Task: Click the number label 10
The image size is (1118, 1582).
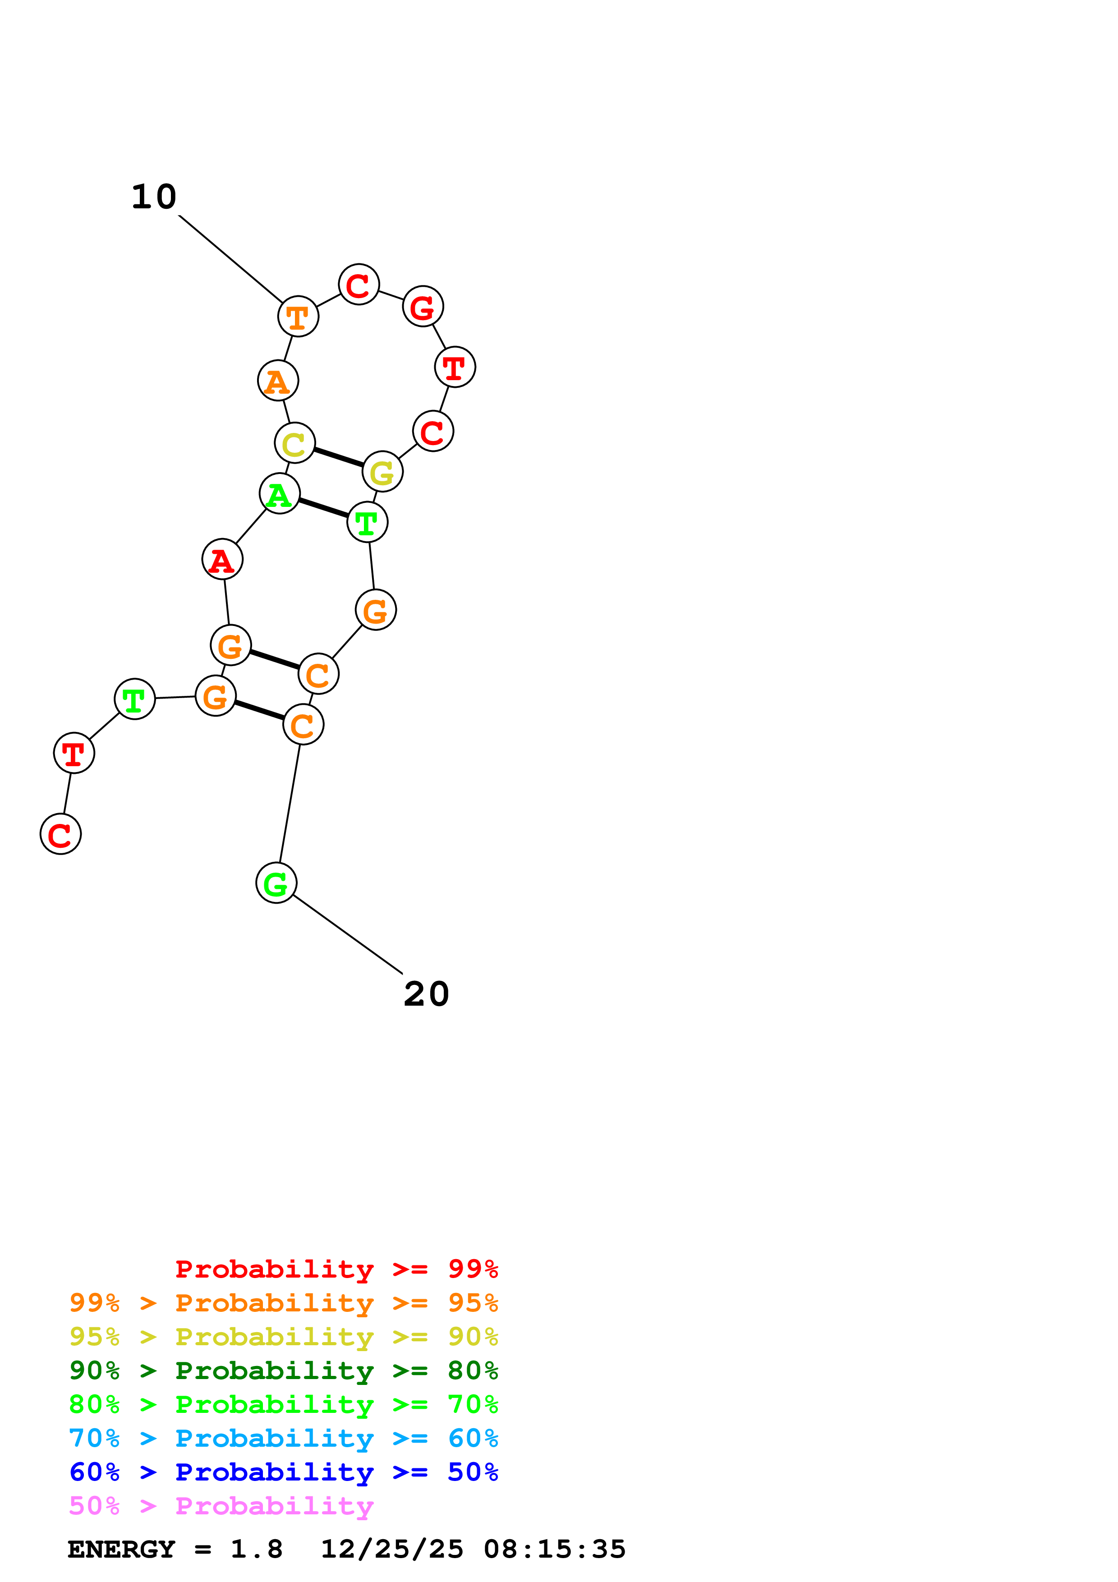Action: click(154, 197)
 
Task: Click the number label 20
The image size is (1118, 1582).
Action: click(426, 994)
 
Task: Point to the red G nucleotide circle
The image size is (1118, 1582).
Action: click(422, 307)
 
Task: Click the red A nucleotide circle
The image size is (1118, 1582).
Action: click(222, 560)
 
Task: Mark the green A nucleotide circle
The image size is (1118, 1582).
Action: click(279, 493)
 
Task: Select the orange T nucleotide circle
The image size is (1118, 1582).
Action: click(298, 317)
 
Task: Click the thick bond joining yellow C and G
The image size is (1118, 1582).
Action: click(338, 458)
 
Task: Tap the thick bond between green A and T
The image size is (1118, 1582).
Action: click(323, 508)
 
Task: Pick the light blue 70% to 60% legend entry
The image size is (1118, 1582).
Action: click(283, 1438)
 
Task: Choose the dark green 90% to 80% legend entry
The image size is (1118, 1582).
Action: click(283, 1370)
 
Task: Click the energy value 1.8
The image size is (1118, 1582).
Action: click(256, 1549)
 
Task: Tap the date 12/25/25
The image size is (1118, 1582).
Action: click(392, 1549)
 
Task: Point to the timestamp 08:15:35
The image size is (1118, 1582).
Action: click(555, 1549)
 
